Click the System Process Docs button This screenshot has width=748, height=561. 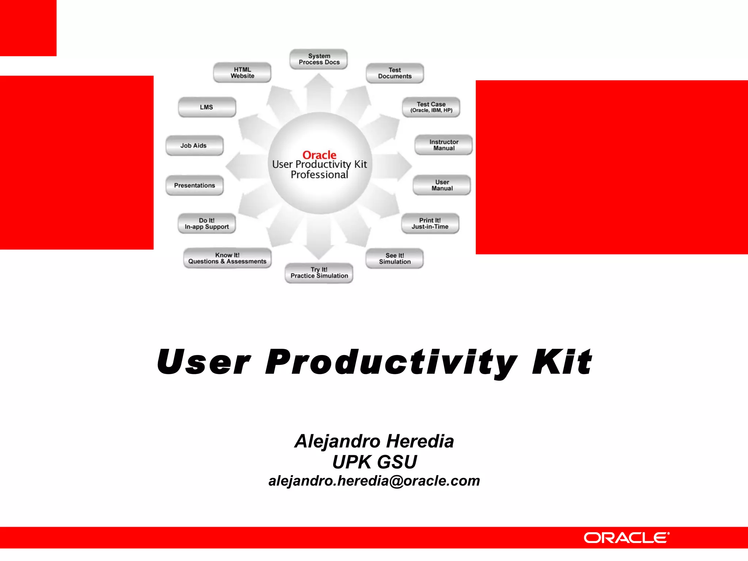(x=319, y=59)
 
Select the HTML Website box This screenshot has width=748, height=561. (x=242, y=73)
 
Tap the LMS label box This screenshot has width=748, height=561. (x=207, y=107)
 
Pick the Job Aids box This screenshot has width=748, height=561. (x=194, y=146)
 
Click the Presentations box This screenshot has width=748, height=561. (x=194, y=186)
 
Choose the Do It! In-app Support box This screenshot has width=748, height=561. (x=207, y=224)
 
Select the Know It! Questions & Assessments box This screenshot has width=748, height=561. (x=227, y=258)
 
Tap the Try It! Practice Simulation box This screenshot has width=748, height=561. (x=319, y=273)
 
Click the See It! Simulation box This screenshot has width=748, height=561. (x=394, y=259)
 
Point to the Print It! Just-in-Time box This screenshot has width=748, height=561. (x=430, y=224)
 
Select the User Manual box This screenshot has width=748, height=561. (x=442, y=185)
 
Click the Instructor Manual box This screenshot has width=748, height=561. (x=443, y=145)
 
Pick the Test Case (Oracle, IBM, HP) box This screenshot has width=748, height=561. (x=431, y=107)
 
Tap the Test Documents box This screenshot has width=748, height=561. (x=394, y=73)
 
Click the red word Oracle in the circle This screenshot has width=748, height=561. (x=319, y=155)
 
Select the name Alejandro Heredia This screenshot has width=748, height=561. (x=374, y=441)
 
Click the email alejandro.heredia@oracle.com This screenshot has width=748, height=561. (x=374, y=481)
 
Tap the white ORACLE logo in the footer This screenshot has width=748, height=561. (x=626, y=538)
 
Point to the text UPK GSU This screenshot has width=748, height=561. (x=374, y=462)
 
